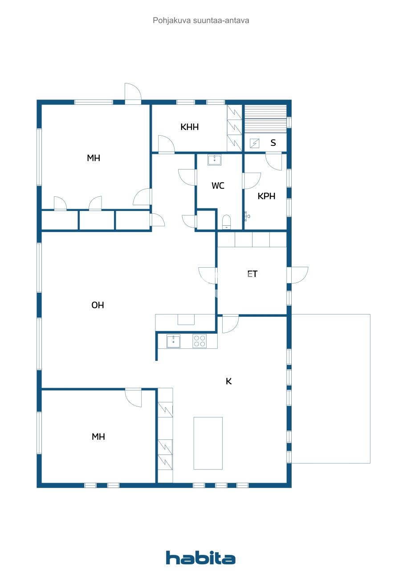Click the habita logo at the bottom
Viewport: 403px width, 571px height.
201,557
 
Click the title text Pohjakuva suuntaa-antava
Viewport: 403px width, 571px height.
201,20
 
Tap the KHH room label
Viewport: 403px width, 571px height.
189,127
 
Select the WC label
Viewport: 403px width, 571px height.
218,186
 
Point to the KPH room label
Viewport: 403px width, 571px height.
266,196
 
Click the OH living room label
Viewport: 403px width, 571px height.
98,305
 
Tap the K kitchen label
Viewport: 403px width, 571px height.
228,381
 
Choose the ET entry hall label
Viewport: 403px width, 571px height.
252,274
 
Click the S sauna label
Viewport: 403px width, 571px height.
273,143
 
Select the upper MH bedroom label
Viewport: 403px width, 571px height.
94,157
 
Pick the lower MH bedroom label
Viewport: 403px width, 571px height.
98,437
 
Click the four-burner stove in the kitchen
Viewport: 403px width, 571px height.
199,341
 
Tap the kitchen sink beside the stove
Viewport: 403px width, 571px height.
173,341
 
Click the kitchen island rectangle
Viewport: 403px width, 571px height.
208,443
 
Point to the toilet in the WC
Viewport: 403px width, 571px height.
227,222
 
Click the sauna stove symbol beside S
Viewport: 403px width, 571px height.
254,143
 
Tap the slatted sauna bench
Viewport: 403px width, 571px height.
265,119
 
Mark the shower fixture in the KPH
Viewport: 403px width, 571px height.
247,216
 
